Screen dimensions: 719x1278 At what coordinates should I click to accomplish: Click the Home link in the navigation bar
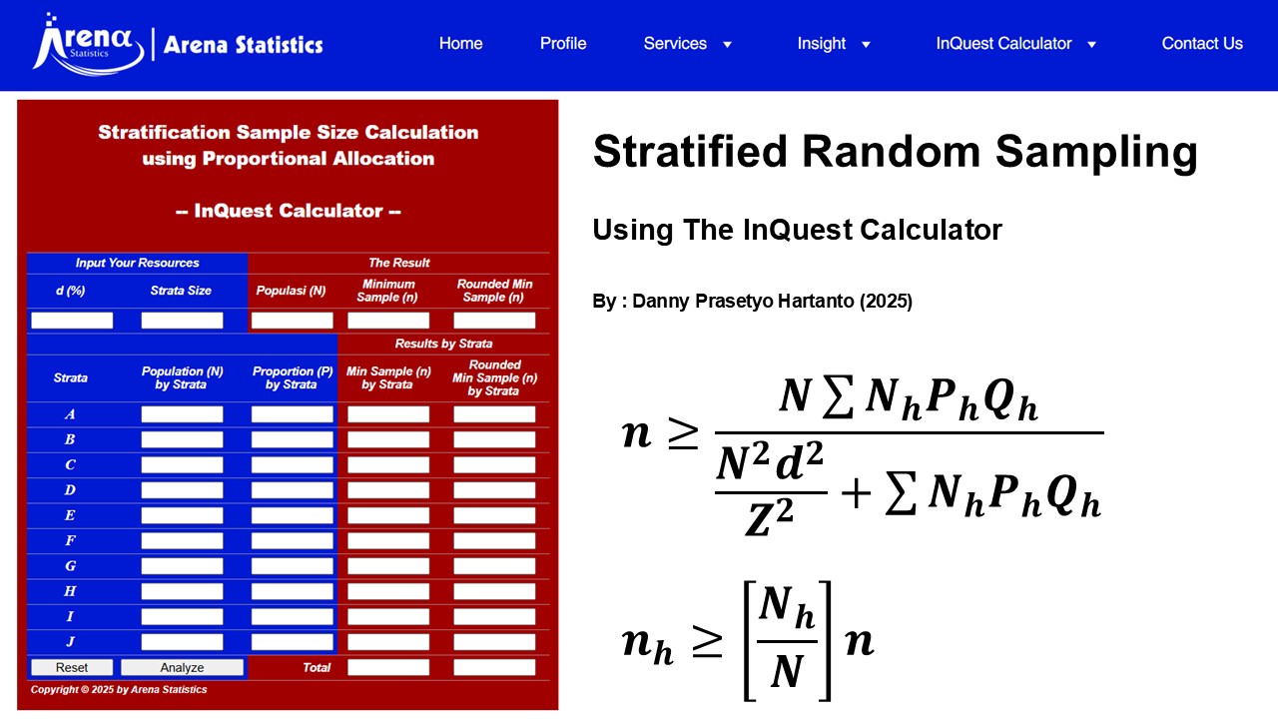(x=460, y=44)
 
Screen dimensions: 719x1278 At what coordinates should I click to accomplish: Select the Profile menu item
(x=563, y=44)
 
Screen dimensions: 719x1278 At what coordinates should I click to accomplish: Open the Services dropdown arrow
(x=727, y=45)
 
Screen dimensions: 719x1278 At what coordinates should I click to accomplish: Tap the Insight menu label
(x=821, y=44)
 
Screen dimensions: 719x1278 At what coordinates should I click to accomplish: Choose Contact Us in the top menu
(x=1202, y=44)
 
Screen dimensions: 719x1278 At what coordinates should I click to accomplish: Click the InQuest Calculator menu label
(x=1003, y=44)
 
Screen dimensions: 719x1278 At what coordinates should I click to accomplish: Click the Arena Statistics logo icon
(x=88, y=44)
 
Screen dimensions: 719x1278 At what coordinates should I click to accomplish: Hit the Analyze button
(x=182, y=667)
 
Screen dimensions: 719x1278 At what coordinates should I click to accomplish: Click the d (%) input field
(x=72, y=321)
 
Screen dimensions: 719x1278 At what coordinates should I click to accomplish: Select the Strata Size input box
(x=182, y=321)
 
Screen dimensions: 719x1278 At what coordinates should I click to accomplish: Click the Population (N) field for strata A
(x=182, y=414)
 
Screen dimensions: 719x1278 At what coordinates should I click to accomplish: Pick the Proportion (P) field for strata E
(x=292, y=515)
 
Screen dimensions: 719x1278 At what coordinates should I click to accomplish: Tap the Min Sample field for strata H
(x=388, y=591)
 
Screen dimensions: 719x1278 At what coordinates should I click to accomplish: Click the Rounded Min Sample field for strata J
(x=494, y=642)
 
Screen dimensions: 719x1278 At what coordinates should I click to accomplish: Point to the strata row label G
(x=70, y=566)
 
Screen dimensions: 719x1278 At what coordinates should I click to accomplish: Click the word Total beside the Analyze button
(x=317, y=667)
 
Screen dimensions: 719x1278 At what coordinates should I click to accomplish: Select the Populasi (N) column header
(x=292, y=291)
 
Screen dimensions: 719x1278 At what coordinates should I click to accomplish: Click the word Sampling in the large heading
(x=1095, y=152)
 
